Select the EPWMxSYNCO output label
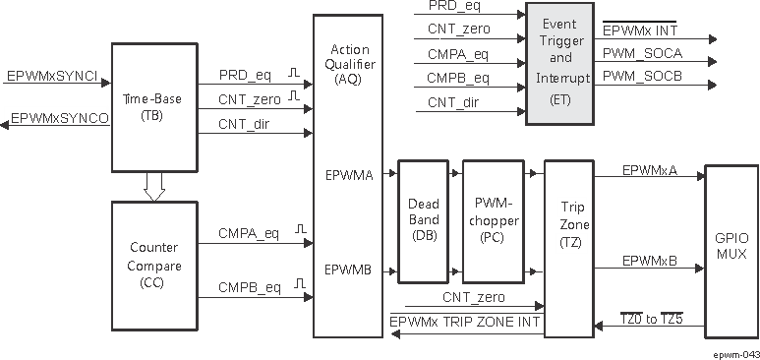59,118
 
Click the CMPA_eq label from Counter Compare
249,234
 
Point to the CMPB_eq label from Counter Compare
249,287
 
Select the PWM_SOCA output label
642,52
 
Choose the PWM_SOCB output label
642,76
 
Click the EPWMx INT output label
640,30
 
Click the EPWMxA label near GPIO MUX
649,170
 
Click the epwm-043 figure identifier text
735,349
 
